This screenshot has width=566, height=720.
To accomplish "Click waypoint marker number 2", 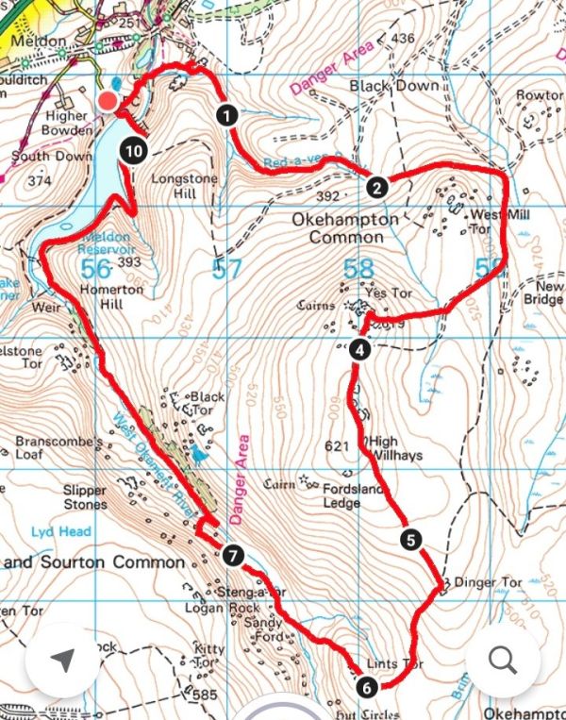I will [376, 187].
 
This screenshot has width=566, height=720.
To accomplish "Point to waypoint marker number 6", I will [366, 687].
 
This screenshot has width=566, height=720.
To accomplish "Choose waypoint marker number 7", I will [233, 555].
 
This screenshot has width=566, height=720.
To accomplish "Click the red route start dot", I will [108, 101].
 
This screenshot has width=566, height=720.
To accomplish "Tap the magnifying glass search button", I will [502, 661].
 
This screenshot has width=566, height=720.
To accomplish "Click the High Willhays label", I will [395, 448].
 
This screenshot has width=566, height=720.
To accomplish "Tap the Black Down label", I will [394, 86].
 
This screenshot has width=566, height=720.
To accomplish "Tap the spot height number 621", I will [337, 445].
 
